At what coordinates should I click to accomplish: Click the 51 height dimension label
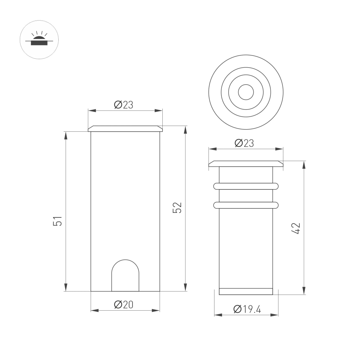(x=58, y=221)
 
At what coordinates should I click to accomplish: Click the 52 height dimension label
(x=177, y=208)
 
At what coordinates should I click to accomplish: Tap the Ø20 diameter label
(x=123, y=305)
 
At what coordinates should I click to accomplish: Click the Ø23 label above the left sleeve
(x=123, y=105)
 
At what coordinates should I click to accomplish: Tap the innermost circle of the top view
(x=246, y=92)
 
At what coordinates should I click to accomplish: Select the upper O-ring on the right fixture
(x=246, y=186)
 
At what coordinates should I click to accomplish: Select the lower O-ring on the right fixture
(x=246, y=205)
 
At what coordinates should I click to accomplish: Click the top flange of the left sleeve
(x=125, y=129)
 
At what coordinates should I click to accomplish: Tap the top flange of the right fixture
(x=246, y=164)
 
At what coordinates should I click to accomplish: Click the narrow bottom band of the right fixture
(x=246, y=291)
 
